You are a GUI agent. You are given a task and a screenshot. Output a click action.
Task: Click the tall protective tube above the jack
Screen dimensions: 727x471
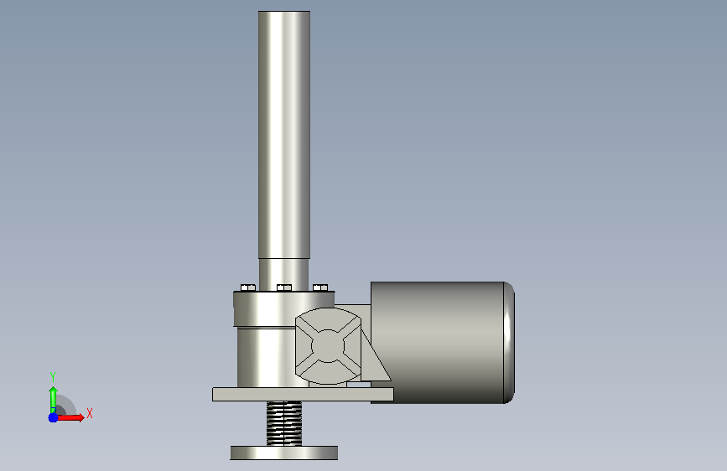[284, 134]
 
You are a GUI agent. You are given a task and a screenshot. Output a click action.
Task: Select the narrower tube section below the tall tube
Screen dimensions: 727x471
[283, 274]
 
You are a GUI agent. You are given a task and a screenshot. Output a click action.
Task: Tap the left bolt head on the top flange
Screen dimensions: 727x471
[248, 287]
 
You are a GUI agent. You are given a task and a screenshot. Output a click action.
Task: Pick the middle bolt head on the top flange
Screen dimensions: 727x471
[284, 287]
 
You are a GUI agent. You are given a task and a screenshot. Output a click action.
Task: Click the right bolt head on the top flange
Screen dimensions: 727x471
[320, 287]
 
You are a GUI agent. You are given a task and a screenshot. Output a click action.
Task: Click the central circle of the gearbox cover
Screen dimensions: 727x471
[328, 346]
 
